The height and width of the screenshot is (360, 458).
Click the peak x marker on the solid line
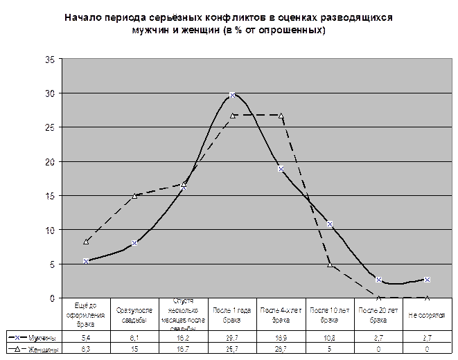(x=233, y=94)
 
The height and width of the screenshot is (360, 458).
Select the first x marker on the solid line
(x=86, y=261)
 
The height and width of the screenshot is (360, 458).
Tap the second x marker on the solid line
(x=135, y=243)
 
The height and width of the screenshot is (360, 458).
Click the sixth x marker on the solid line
(x=330, y=224)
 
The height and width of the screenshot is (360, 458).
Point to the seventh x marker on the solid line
(x=379, y=280)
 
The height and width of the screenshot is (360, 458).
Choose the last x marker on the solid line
(x=428, y=280)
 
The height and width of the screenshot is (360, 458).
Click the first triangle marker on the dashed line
(x=86, y=242)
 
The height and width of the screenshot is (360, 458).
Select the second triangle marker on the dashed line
(x=135, y=195)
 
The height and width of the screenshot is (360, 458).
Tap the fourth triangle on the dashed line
(x=233, y=116)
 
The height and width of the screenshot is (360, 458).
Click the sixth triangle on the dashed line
(x=330, y=264)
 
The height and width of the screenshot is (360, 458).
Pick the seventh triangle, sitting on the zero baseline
(x=379, y=298)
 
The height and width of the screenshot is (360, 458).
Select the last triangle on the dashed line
(x=428, y=298)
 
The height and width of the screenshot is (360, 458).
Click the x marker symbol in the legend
(x=17, y=337)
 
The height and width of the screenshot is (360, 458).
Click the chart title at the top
(x=229, y=24)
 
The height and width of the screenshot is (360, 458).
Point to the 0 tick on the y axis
(x=51, y=298)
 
